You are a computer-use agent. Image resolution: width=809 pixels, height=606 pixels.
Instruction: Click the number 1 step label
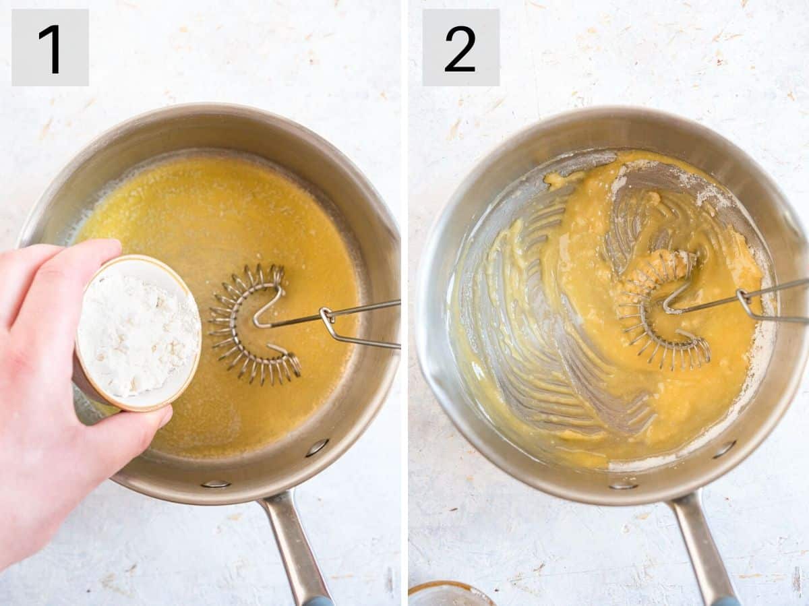[50, 47]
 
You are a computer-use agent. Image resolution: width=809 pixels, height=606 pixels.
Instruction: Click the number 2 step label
[460, 47]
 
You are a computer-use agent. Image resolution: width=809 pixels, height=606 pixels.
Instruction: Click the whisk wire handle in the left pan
[357, 324]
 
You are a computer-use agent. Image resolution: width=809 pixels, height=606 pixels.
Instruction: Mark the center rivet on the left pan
[216, 483]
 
